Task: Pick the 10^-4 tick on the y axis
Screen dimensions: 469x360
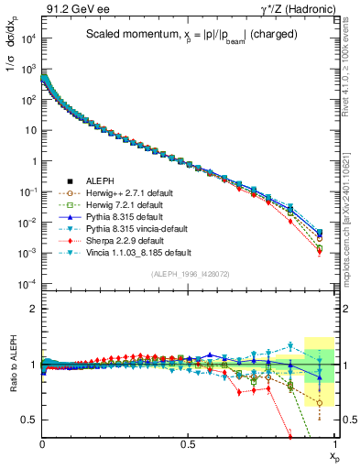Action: point(27,284)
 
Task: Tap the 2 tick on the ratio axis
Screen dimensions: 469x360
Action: point(32,309)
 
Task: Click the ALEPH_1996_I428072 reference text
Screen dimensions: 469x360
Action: point(189,273)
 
